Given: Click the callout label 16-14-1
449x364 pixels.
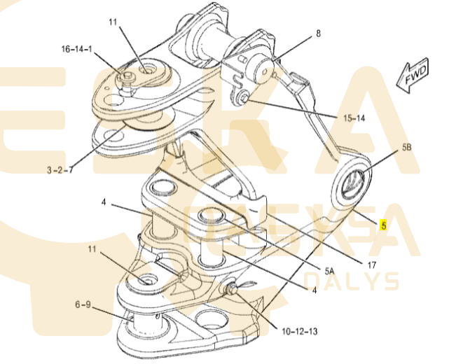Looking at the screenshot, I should [x=78, y=50].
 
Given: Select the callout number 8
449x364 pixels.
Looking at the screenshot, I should [x=318, y=33].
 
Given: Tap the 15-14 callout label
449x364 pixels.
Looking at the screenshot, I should [x=354, y=118].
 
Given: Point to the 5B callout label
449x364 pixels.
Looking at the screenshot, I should [x=406, y=148].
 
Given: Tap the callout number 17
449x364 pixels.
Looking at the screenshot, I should [x=371, y=265].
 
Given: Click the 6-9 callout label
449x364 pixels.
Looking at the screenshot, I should [x=83, y=304].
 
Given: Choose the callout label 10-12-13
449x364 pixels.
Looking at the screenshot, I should [x=300, y=330].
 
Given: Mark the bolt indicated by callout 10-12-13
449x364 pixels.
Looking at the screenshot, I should [x=230, y=288].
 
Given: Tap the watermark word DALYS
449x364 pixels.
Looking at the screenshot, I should [x=351, y=282].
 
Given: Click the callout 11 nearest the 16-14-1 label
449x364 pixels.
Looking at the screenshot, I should [x=113, y=22].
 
